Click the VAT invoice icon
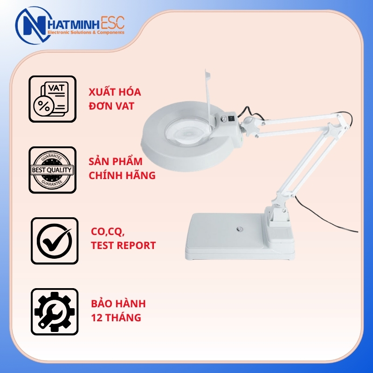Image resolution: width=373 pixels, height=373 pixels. coord(52,99)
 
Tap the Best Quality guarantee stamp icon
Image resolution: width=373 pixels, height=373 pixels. coord(52,170)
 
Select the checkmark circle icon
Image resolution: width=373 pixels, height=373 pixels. coord(55,241)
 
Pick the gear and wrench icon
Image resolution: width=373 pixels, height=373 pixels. coord(55,311)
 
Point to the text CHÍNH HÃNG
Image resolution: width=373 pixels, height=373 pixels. coord(122,175)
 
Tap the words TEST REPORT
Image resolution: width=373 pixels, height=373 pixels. coord(123,246)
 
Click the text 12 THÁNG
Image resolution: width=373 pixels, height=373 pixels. coord(116,318)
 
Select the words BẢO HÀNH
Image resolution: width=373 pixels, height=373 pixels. coord(118,304)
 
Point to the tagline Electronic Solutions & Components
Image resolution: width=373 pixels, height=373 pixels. coord(86,32)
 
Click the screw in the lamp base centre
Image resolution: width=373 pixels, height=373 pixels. coord(239,229)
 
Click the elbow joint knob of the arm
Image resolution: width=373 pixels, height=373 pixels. coord(334,130)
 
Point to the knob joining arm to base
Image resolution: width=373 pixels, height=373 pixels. coord(278,201)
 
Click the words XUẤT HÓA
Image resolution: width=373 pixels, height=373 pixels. coord(115,91)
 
